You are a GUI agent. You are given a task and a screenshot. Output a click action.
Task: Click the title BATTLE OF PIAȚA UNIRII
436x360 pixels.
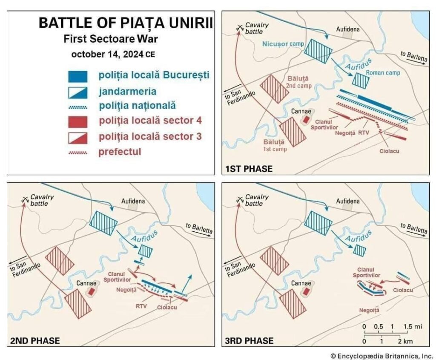click(x=126, y=23)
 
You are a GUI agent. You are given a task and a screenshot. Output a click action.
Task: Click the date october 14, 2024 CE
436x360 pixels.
click(x=113, y=54)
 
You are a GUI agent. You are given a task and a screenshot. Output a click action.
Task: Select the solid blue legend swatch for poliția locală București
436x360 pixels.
click(x=77, y=77)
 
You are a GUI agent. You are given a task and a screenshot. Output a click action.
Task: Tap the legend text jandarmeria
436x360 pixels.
click(x=127, y=91)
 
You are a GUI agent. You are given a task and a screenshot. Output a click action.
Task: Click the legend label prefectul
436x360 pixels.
click(x=120, y=152)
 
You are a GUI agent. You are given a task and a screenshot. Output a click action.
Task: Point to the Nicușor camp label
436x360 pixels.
click(x=283, y=44)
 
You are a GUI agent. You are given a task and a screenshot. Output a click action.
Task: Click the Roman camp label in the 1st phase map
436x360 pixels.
click(x=383, y=73)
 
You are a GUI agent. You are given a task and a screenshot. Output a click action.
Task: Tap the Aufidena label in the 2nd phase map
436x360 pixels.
click(x=133, y=201)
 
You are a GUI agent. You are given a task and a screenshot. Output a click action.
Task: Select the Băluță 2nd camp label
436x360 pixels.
click(x=298, y=82)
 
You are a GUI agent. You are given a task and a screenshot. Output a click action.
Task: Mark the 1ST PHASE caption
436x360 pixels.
click(x=249, y=169)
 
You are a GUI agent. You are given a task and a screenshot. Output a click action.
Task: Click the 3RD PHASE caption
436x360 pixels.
click(x=249, y=341)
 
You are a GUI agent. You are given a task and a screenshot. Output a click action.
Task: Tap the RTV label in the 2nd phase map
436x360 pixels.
click(x=141, y=306)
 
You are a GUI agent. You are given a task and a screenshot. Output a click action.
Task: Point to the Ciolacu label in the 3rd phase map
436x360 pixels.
click(x=403, y=290)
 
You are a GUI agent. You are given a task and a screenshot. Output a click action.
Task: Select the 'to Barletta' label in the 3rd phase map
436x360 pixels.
click(x=413, y=228)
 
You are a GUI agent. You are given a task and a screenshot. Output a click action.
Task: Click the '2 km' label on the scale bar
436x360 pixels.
click(x=405, y=341)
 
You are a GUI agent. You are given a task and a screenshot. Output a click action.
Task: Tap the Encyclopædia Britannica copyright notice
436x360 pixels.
click(x=381, y=356)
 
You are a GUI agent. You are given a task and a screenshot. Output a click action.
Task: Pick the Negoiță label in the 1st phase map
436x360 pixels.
click(x=345, y=133)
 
